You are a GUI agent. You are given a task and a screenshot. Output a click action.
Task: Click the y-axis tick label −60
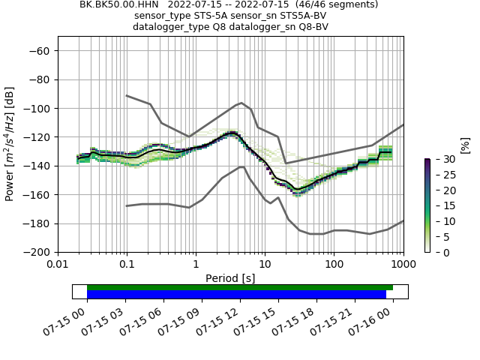coord(38,51)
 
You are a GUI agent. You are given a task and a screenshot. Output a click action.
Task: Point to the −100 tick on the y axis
coord(35,109)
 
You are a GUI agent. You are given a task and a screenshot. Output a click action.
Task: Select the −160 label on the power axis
coord(35,195)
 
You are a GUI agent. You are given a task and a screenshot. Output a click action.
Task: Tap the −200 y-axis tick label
coord(35,253)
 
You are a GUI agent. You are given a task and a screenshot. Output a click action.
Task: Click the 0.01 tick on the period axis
coord(58,265)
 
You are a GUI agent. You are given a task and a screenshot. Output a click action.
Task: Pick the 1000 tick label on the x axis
coord(403,265)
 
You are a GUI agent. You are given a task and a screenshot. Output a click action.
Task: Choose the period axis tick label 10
coord(265,265)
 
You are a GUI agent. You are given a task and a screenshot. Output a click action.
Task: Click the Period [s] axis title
coord(230,278)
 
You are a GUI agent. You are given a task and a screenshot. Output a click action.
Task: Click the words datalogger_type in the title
coord(172,27)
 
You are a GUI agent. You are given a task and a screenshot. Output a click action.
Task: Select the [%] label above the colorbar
coord(465,144)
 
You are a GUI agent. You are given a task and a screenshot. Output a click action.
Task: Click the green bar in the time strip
coord(240,287)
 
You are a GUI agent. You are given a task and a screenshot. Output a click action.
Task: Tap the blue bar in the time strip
coord(236,295)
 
